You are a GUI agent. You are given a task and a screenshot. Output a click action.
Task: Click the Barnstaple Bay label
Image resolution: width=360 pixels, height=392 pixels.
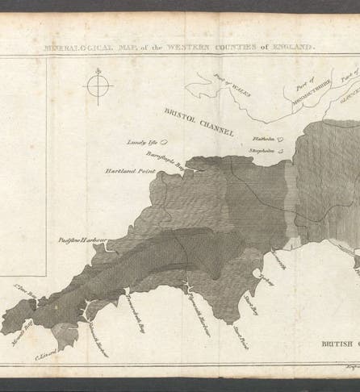click(x=165, y=157)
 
